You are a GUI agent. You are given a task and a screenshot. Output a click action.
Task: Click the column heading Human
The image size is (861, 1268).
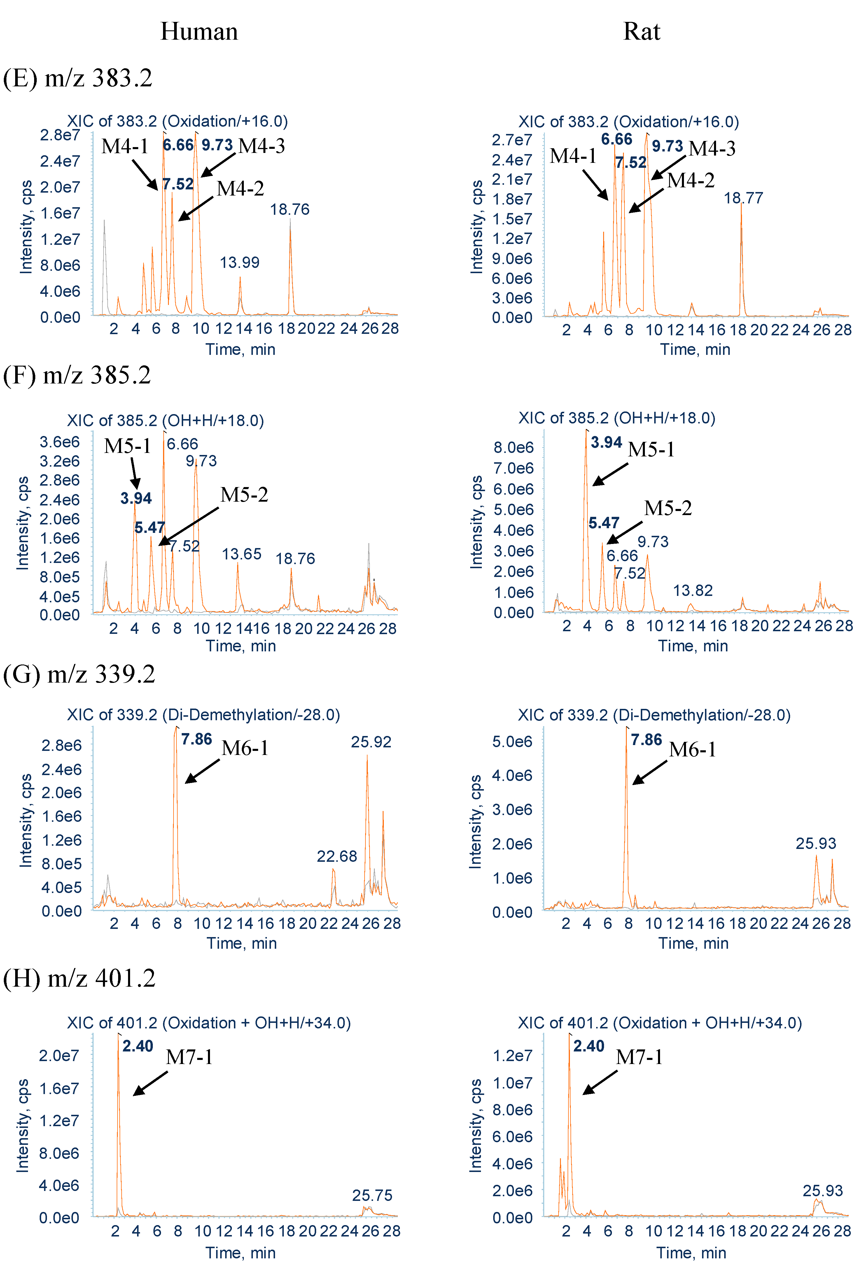point(199,32)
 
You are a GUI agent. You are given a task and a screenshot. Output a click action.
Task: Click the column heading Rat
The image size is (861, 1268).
point(641,32)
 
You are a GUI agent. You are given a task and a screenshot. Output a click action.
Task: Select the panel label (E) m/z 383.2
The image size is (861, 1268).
point(77,78)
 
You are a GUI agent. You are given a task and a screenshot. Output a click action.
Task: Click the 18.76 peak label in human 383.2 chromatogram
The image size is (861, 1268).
point(290,210)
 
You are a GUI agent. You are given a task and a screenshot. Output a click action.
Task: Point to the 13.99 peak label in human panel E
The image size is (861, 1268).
point(239,262)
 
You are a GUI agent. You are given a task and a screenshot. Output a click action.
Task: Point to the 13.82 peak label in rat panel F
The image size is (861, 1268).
point(692,590)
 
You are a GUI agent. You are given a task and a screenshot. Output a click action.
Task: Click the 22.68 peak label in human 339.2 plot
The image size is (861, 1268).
point(337,856)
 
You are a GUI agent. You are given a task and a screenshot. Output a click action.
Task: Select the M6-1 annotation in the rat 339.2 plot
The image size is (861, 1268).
point(692,750)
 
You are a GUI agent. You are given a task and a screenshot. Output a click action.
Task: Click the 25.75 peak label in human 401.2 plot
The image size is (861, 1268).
point(372,1195)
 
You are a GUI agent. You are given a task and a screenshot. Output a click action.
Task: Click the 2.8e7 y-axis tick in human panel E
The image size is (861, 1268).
point(60,135)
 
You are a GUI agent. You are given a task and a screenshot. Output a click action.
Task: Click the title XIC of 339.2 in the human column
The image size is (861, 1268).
point(203,715)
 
